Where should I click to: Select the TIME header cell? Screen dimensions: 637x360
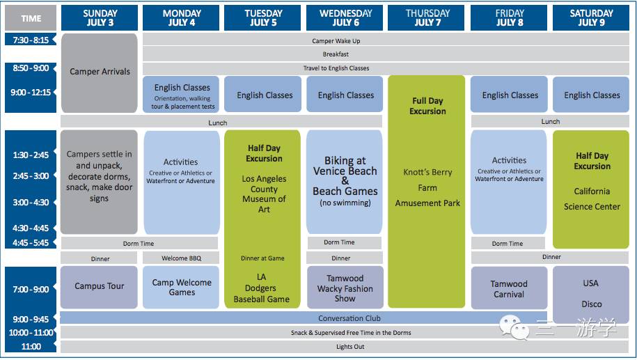[31, 18]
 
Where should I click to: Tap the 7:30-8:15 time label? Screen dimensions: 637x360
[31, 40]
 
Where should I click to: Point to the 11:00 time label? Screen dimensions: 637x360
[31, 347]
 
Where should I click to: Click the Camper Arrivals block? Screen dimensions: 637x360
[99, 72]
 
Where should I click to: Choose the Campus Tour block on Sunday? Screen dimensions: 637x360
[99, 287]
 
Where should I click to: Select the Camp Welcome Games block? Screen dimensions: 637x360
[181, 287]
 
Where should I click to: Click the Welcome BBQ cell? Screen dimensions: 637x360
[181, 258]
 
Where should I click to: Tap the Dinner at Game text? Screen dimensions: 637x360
[262, 258]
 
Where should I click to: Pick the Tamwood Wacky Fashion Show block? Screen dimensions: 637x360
[345, 287]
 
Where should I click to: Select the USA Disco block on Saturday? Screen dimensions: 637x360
[591, 294]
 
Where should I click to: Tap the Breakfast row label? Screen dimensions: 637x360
[336, 54]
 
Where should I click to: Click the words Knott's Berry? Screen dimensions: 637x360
[427, 172]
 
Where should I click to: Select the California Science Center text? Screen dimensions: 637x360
[592, 198]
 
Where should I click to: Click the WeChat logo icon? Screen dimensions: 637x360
[514, 327]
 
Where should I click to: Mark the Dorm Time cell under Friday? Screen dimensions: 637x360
[508, 243]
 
